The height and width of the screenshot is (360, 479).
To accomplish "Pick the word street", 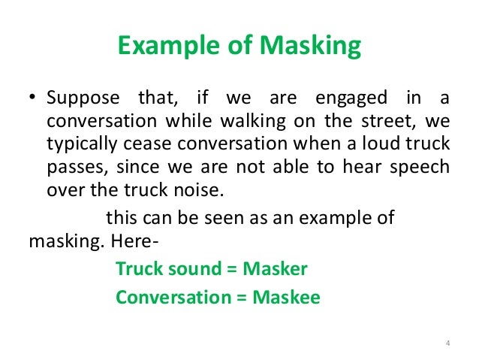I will point(381,122).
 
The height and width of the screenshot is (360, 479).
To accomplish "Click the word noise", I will point(197,189).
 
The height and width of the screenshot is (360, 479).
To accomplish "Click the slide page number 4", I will point(447,344).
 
